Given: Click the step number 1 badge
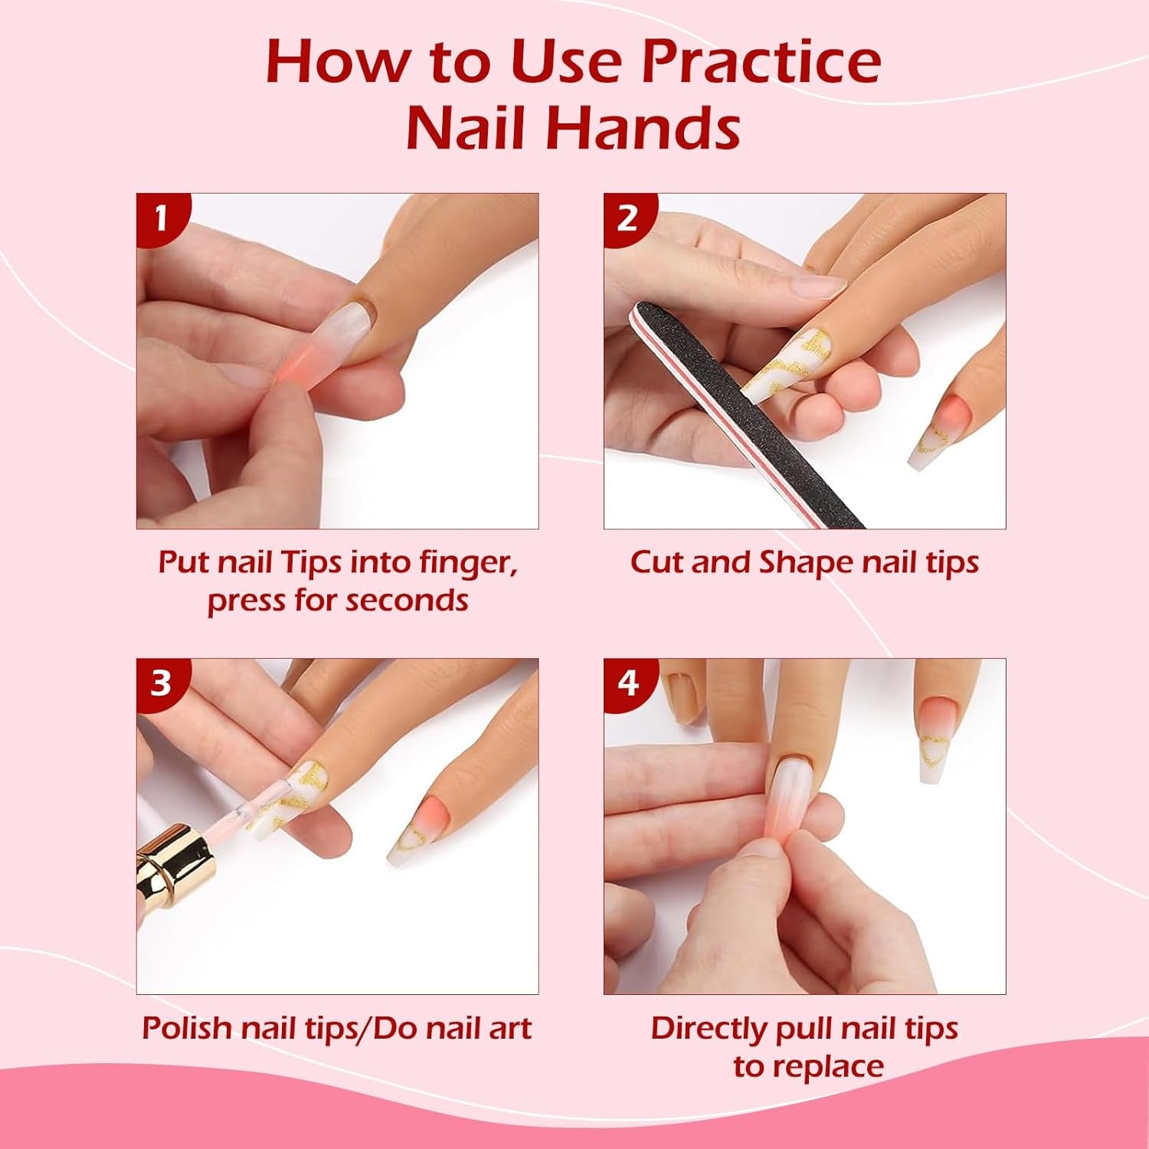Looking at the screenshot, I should [160, 218].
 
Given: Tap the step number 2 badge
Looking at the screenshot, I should [627, 218].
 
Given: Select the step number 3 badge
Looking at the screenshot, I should [160, 683].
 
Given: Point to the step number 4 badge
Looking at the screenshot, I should [627, 683].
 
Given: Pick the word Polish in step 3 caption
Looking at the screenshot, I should [187, 1028].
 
